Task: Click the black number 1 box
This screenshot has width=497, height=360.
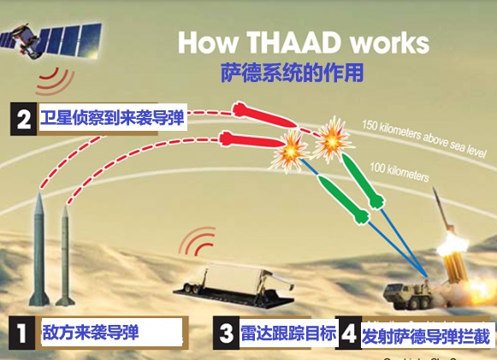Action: tap(21, 332)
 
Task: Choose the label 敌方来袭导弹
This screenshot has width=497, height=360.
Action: tap(91, 332)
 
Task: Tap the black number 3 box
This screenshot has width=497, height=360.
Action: tap(226, 332)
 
